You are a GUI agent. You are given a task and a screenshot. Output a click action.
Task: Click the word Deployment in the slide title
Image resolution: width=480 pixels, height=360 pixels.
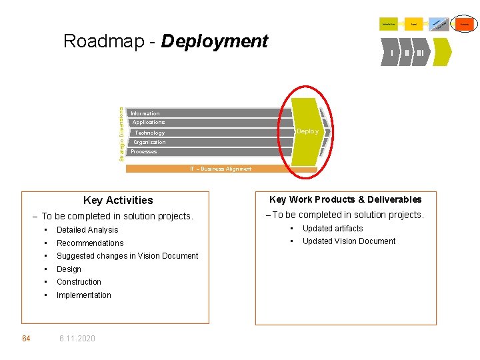tap(214, 41)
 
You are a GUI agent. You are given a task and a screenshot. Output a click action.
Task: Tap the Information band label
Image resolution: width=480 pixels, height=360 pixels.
tap(145, 113)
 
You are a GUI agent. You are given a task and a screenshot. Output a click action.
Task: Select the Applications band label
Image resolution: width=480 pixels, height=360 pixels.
tap(148, 123)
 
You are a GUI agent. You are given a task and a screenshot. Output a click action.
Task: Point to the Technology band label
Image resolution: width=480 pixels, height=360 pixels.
tap(149, 133)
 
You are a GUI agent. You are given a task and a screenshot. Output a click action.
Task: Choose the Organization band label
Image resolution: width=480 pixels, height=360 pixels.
tap(149, 142)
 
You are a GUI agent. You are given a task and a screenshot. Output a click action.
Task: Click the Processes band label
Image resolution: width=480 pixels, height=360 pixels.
tap(144, 152)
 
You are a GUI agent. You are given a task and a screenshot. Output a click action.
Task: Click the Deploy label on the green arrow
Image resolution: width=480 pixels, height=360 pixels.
tap(307, 131)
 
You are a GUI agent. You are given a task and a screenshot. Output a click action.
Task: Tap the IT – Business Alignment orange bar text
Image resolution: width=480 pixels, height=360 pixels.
tap(220, 169)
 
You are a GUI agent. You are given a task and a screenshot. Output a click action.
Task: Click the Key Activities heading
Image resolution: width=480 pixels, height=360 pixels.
tap(118, 200)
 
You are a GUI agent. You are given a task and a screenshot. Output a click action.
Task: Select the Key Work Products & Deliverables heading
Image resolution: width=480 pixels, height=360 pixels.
tap(345, 199)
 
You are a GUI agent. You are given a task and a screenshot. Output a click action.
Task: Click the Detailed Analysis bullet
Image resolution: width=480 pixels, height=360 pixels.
tap(87, 230)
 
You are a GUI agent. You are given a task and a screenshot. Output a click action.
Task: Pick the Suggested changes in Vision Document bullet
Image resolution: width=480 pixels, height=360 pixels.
tap(127, 256)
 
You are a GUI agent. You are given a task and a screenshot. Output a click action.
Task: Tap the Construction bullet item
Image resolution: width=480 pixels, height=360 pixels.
tap(79, 282)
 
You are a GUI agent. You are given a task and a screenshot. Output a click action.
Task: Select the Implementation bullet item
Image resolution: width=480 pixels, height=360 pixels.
tap(84, 295)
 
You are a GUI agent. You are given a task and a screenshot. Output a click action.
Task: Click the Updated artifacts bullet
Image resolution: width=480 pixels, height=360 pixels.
tap(333, 229)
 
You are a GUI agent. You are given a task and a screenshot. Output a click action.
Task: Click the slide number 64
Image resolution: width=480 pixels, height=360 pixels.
tap(26, 339)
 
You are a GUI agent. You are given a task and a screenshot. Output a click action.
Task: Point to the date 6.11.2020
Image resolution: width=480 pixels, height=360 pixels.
tap(77, 339)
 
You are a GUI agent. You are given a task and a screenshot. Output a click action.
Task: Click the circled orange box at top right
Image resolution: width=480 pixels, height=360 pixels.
tap(464, 24)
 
